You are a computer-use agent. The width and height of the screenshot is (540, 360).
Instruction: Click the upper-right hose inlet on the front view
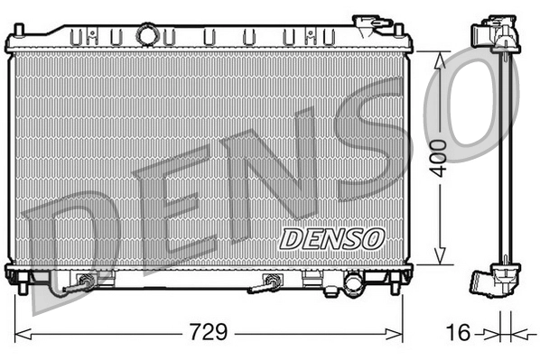pos(367,23)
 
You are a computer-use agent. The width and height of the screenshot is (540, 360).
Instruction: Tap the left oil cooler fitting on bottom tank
pos(86,282)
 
